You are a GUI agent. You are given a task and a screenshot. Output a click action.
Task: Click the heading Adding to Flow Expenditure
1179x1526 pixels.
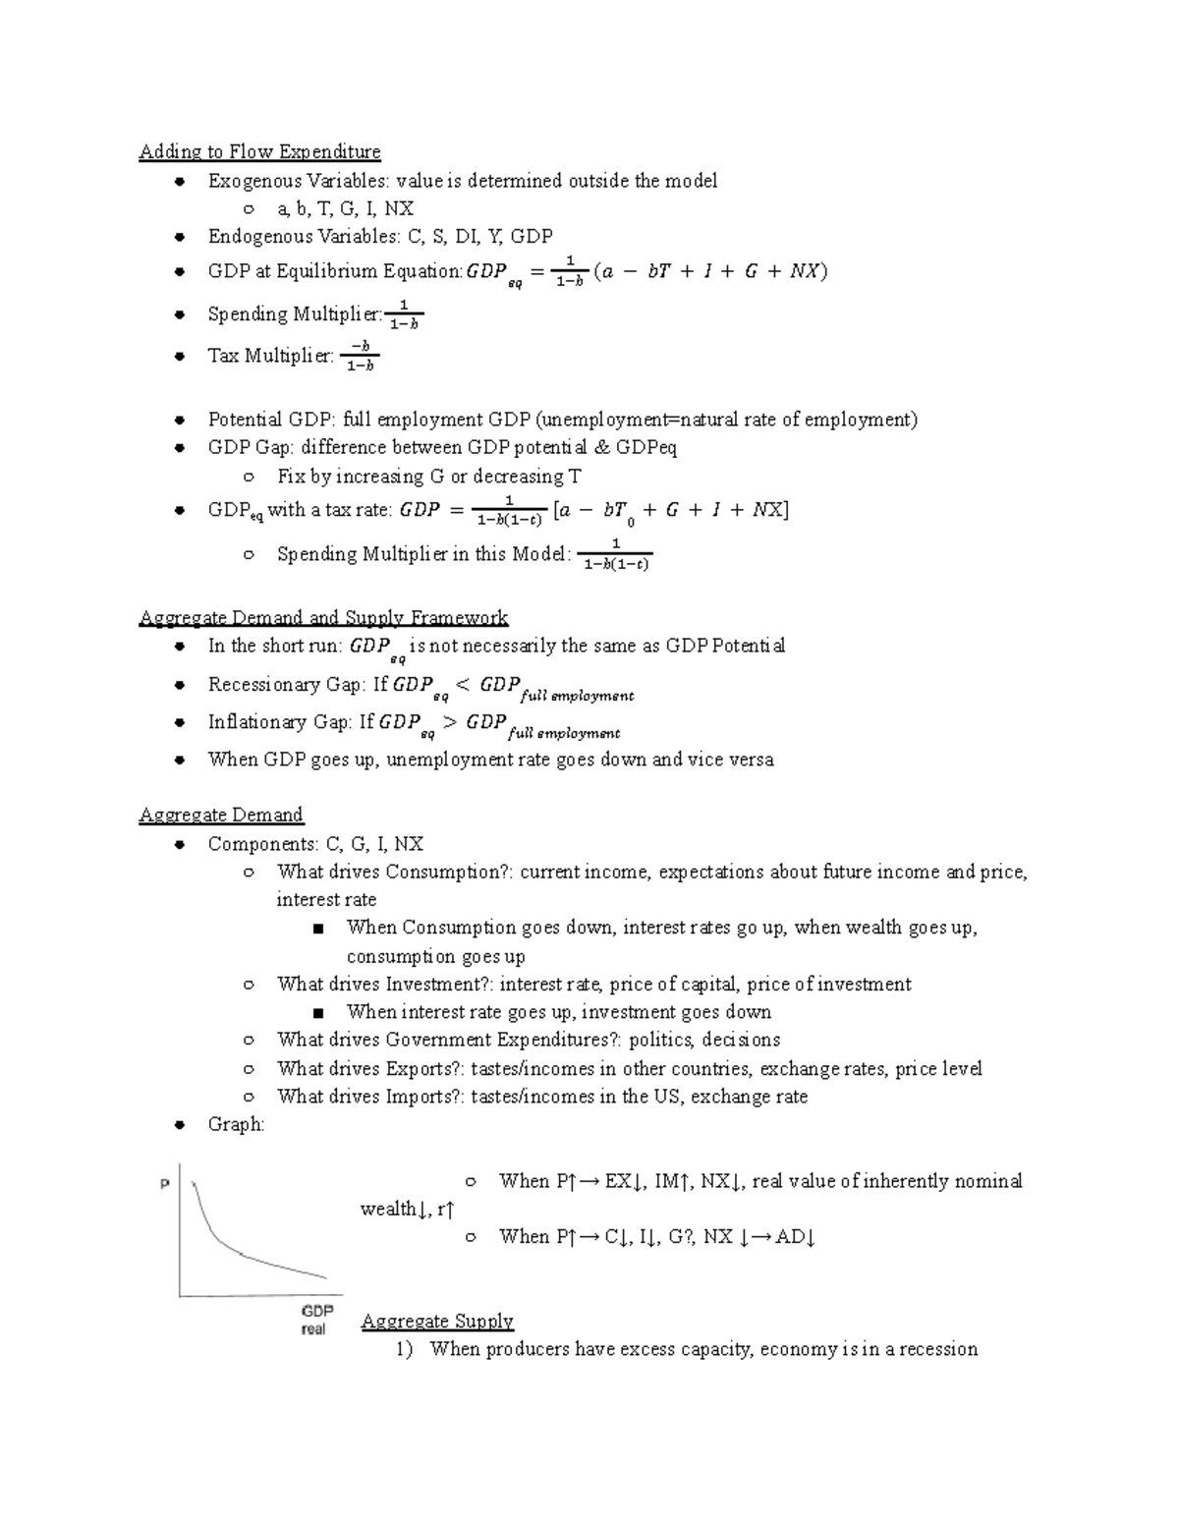click(x=259, y=151)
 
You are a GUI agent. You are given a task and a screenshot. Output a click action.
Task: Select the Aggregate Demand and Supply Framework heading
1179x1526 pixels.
click(x=323, y=618)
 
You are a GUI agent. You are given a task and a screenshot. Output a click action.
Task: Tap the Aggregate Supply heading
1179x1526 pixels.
click(x=437, y=1321)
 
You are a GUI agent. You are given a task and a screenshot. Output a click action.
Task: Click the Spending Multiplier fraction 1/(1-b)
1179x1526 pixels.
click(x=404, y=314)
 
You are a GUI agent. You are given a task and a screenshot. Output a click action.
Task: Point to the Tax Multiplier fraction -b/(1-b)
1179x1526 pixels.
click(x=361, y=356)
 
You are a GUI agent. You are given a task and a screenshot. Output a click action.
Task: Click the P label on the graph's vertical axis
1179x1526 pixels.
click(x=165, y=1185)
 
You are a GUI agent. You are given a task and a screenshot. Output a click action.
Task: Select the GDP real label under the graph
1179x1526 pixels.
click(x=316, y=1320)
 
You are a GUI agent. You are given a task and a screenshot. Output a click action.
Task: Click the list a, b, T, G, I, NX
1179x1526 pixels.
click(x=345, y=208)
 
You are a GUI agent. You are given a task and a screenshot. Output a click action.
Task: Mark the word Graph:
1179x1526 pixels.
click(x=236, y=1124)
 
